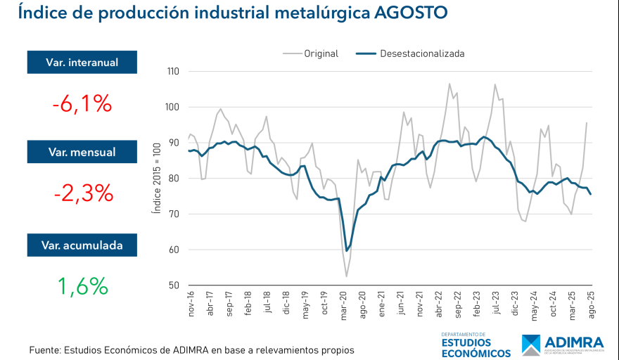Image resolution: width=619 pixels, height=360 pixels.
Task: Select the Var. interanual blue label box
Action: tap(82, 62)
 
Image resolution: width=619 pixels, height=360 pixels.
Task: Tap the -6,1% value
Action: tap(82, 104)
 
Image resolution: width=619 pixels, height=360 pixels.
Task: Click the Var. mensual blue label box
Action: tap(82, 151)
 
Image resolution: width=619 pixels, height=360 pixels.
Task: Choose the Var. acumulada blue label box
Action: tap(82, 245)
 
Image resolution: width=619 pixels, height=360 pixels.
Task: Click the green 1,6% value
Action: tap(82, 286)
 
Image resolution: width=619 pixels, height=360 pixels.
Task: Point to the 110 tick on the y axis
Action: tap(173, 72)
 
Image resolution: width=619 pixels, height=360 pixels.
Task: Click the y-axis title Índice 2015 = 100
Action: tap(157, 178)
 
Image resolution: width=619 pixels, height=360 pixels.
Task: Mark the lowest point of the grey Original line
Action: tap(346, 276)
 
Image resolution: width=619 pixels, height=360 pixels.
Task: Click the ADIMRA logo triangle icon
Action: tap(532, 345)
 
